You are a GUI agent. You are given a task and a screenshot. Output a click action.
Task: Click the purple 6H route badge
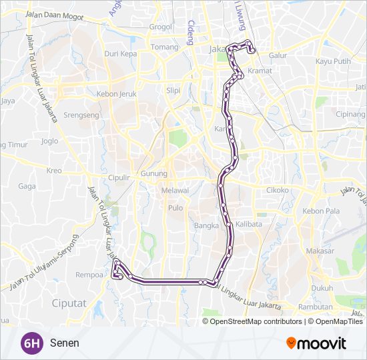[x=31, y=343]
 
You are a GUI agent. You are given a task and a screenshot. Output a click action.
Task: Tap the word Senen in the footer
[x=64, y=343]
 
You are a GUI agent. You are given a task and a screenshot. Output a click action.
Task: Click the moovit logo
[x=316, y=343]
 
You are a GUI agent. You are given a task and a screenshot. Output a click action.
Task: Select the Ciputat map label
[x=68, y=303]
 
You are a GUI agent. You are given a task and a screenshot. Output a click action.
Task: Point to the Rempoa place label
[x=89, y=274]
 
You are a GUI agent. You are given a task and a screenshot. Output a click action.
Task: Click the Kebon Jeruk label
[x=116, y=94]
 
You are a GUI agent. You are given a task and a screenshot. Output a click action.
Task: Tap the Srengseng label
[x=81, y=115]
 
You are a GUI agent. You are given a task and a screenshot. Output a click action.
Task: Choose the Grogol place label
[x=161, y=27]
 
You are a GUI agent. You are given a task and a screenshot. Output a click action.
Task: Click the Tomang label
[x=165, y=47]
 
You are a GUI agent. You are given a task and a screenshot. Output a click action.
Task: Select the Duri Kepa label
[x=120, y=53]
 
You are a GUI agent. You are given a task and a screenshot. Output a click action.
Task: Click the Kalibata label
[x=248, y=225]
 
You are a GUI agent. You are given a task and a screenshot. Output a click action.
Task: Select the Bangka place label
[x=206, y=225]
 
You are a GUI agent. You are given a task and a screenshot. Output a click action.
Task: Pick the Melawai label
[x=175, y=190]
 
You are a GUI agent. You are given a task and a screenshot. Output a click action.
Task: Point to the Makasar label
[x=320, y=251]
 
